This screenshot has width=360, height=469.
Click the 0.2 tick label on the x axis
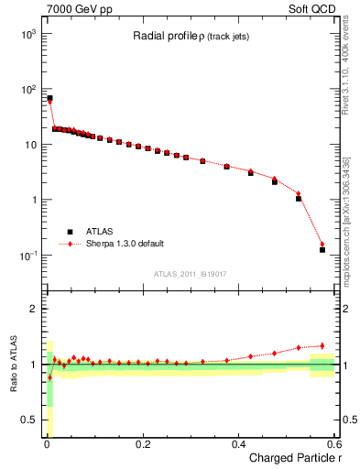tap(142, 444)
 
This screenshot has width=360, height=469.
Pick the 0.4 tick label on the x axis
tap(238, 444)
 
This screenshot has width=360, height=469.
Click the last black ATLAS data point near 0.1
tap(322, 249)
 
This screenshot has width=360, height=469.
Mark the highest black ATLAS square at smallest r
tap(49, 98)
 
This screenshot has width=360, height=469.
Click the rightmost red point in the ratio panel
tap(322, 345)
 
